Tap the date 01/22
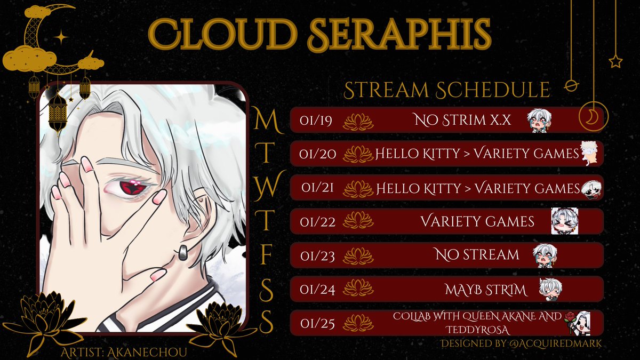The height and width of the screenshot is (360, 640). coord(317,221)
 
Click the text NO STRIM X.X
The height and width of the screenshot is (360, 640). coord(462,121)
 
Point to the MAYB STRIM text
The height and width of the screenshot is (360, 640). coord(485,290)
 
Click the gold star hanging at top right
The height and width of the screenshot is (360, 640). coord(615,61)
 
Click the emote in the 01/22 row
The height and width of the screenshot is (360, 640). coord(564,221)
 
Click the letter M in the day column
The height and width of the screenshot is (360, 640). coord(265,121)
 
